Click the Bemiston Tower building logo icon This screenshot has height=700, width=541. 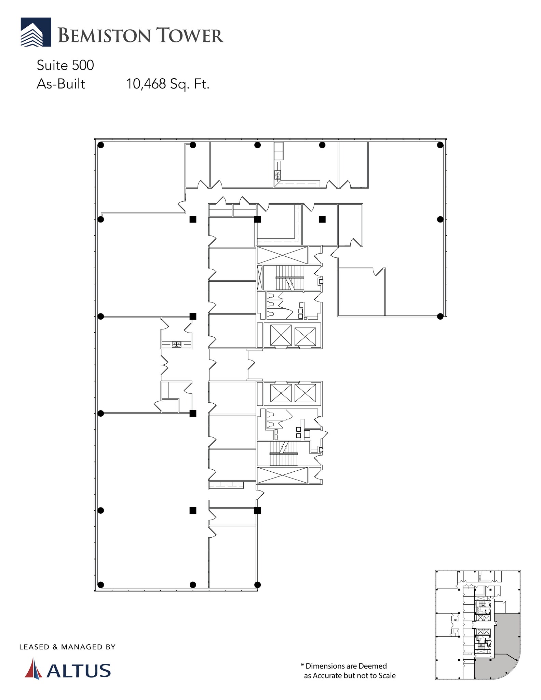pos(36,32)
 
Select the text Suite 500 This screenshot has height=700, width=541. pos(65,65)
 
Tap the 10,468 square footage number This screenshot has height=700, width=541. pos(146,84)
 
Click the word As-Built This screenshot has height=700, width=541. pos(61,84)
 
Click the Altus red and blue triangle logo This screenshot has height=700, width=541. pos(33,668)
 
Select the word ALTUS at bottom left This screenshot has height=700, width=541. pos(79,671)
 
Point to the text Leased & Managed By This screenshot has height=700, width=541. pos(67,647)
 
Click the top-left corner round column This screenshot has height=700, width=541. pos(100,145)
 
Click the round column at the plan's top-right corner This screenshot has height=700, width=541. pos(440,145)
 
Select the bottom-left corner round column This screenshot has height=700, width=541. pos(100,584)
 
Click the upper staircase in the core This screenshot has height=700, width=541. pos(289,278)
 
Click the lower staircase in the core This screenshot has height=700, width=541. pos(284,454)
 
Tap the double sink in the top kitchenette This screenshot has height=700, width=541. pos(278,175)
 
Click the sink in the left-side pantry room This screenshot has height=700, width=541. pos(177,344)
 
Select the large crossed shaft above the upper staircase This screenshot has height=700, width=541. pos(282,255)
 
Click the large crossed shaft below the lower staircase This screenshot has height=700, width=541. pos(282,475)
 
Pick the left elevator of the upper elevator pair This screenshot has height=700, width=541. pos(281,335)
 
